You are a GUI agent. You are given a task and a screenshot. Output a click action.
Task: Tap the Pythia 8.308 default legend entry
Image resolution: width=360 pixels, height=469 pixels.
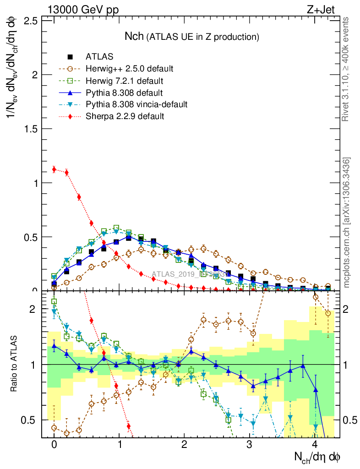click(125, 93)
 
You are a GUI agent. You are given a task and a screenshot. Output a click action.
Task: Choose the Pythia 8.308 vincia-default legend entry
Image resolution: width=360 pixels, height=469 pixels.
click(136, 104)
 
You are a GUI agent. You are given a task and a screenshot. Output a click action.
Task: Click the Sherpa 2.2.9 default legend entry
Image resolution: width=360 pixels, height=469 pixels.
click(125, 116)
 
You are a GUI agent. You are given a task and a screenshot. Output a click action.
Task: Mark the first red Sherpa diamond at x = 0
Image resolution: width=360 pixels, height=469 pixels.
click(54, 169)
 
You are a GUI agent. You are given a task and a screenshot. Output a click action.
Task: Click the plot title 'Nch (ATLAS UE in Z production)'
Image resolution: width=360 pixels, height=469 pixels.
click(192, 36)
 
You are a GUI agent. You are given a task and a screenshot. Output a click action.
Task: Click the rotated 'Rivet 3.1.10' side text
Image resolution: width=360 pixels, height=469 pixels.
click(347, 69)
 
